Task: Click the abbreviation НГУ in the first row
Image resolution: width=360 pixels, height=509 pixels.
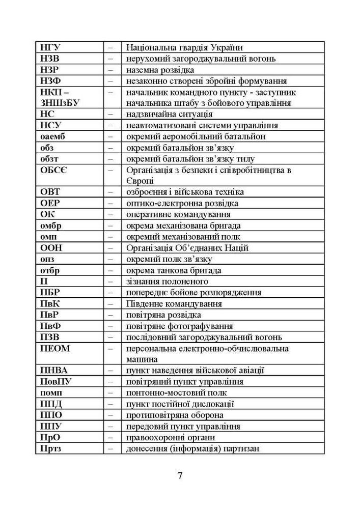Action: click(x=50, y=48)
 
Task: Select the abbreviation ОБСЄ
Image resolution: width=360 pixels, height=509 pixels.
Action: click(x=53, y=170)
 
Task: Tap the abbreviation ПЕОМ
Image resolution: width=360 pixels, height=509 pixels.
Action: click(x=55, y=349)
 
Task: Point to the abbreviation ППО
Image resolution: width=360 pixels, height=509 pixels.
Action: click(x=51, y=415)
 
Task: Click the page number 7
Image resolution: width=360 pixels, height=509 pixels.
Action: click(x=180, y=476)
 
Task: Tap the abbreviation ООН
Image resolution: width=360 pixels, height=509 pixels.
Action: click(x=51, y=248)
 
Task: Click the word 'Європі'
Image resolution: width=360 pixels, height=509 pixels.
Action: click(x=139, y=181)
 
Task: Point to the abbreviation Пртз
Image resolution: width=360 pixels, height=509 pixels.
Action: click(x=51, y=449)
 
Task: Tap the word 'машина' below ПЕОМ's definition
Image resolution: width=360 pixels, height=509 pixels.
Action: click(x=141, y=359)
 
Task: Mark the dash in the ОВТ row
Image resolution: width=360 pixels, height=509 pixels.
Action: click(x=110, y=192)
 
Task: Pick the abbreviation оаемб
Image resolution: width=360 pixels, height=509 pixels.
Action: click(x=52, y=136)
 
